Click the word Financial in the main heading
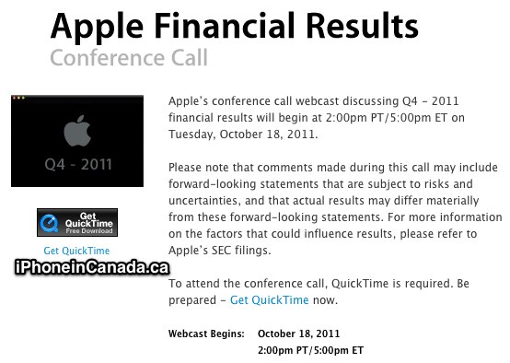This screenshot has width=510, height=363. [225, 26]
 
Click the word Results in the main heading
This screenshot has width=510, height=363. [362, 26]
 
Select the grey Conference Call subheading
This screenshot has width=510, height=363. [129, 58]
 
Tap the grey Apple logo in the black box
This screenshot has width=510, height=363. [77, 131]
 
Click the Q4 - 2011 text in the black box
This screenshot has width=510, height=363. [78, 164]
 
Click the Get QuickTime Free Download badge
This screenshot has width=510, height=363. [77, 222]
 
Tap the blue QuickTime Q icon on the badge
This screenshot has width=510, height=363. [49, 223]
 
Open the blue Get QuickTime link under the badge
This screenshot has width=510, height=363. [76, 251]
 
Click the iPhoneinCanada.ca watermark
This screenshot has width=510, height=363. [92, 267]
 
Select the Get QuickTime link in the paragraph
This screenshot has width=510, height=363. [270, 299]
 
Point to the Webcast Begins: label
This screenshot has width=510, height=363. [206, 334]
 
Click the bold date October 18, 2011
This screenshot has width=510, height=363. [298, 334]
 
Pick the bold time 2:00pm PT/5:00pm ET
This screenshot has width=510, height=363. [310, 350]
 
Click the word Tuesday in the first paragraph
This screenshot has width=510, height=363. [191, 135]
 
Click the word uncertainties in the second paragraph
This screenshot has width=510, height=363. [205, 201]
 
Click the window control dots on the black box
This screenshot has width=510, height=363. [18, 98]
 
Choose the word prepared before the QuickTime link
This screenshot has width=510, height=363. [192, 300]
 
